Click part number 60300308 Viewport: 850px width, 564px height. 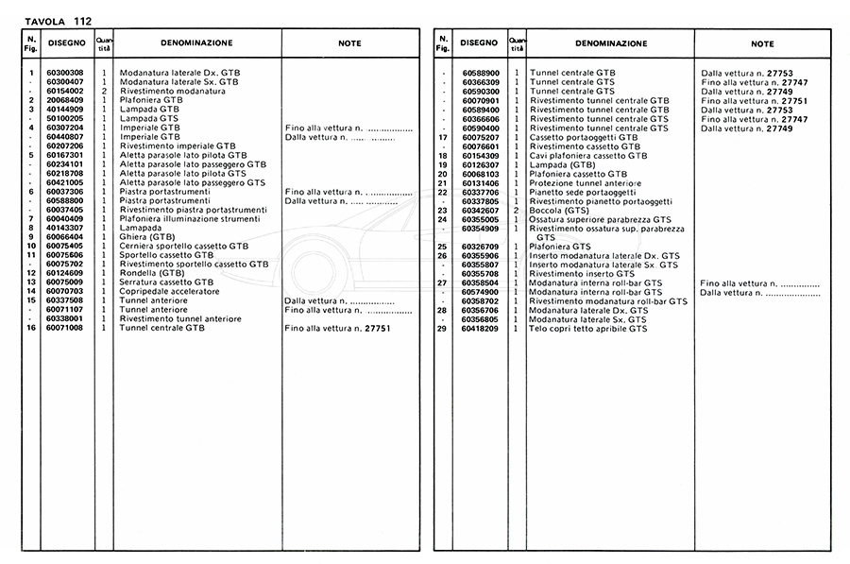pos(63,73)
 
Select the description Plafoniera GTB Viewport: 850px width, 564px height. pos(151,99)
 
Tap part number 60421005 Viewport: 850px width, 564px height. pos(63,181)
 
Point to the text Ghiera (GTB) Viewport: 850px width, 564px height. pos(147,237)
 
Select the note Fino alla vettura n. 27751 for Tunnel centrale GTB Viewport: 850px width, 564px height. pos(337,328)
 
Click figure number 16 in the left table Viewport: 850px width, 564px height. pos(31,328)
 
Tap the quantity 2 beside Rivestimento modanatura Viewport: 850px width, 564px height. pos(104,91)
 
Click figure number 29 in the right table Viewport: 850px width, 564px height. pos(441,328)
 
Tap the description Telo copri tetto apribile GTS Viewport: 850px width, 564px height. pos(588,328)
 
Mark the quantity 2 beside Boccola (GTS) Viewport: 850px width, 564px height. pos(517,210)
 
